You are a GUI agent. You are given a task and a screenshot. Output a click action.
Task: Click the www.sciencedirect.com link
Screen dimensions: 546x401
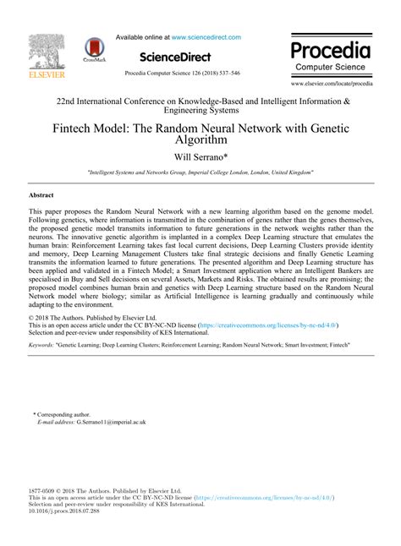tap(206, 37)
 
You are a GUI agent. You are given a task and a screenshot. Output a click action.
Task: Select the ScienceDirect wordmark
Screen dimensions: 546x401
tap(178, 57)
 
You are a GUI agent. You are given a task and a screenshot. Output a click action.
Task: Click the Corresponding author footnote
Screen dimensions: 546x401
tap(63, 414)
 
